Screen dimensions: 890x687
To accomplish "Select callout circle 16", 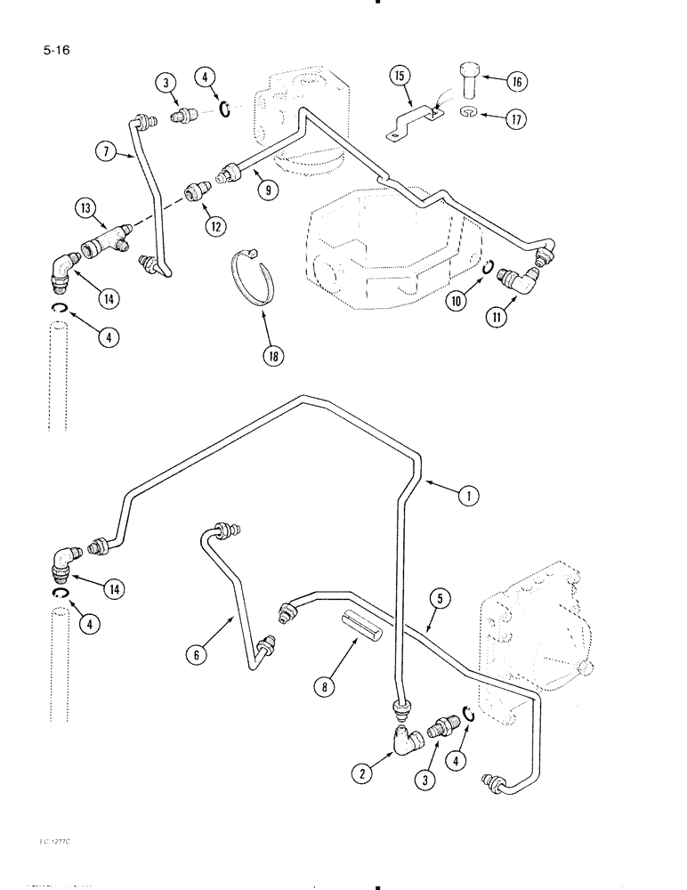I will (x=513, y=82).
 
